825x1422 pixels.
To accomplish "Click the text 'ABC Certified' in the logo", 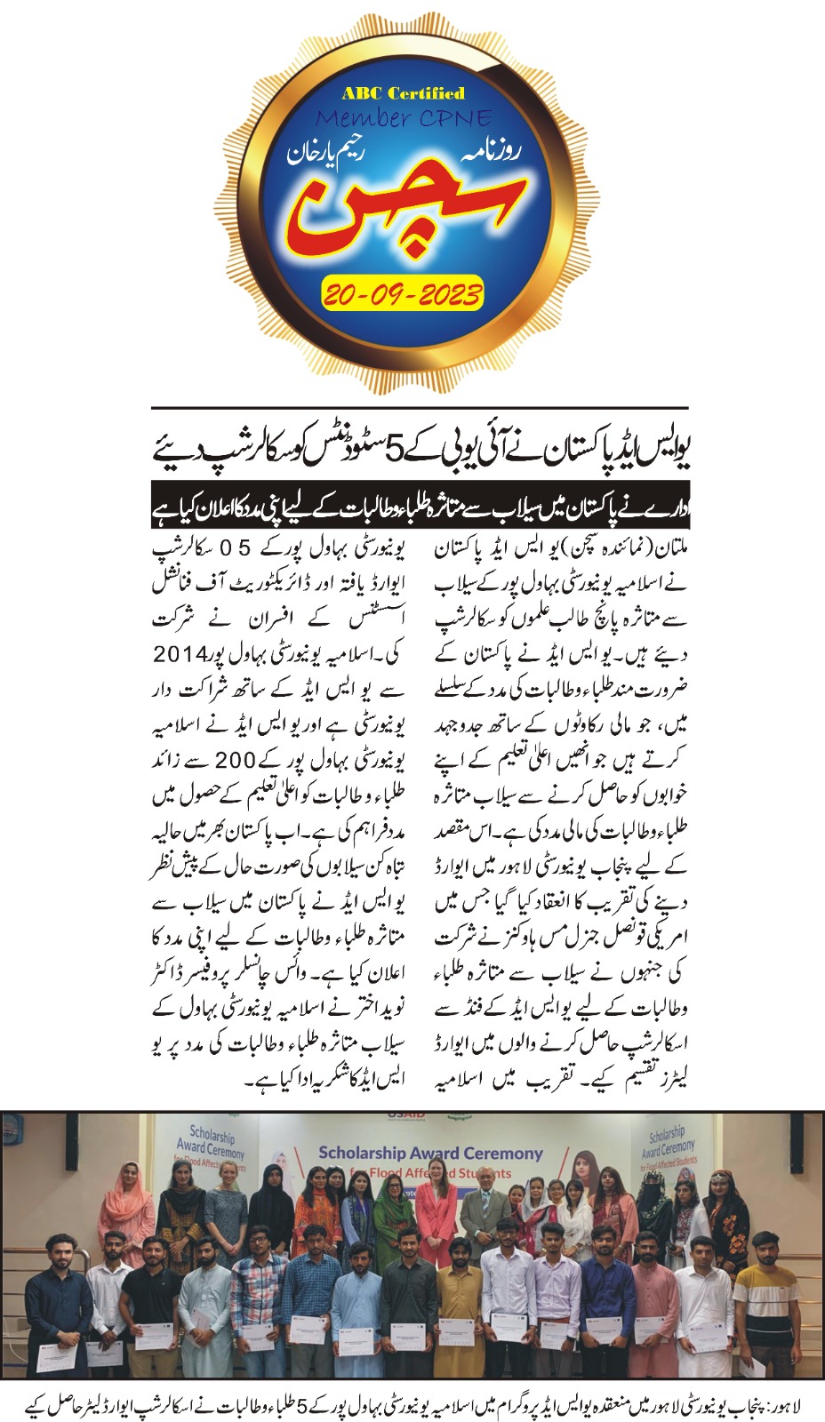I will point(403,92).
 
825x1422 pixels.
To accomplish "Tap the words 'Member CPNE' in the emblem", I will point(403,117).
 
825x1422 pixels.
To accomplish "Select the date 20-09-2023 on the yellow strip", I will point(403,293).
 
